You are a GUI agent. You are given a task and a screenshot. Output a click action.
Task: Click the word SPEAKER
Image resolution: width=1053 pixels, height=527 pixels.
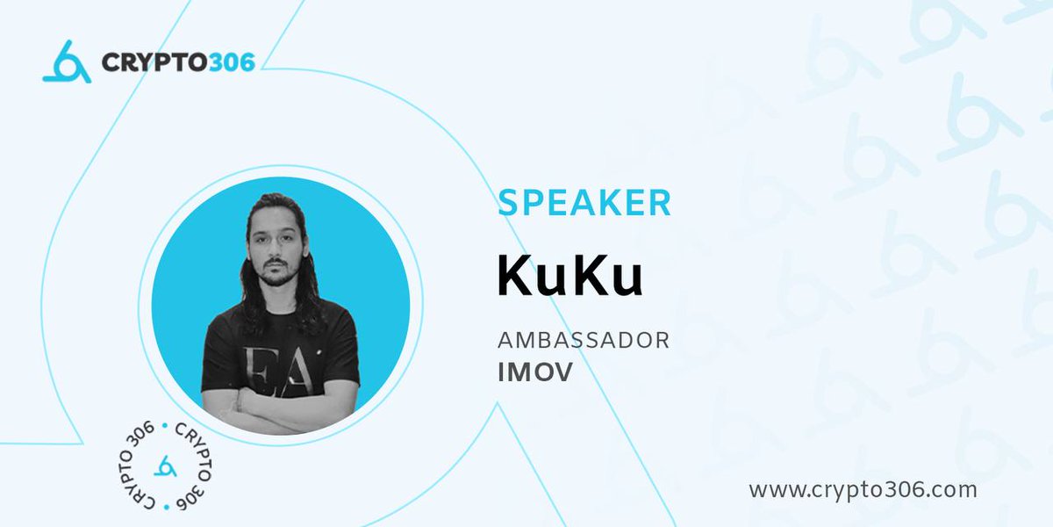click(584, 203)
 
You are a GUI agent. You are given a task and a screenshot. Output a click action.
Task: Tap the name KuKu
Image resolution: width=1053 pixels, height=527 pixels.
click(570, 274)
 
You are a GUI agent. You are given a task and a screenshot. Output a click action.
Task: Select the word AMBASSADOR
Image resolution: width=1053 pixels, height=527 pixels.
click(583, 340)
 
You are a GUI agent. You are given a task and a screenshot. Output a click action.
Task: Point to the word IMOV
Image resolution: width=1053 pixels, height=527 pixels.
click(534, 372)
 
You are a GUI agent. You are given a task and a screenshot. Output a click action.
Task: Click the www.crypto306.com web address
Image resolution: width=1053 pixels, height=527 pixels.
click(863, 489)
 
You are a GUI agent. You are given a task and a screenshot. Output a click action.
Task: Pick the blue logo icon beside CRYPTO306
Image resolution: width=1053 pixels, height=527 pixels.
click(67, 62)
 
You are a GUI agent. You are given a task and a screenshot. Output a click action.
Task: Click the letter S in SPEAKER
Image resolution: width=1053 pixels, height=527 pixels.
click(508, 203)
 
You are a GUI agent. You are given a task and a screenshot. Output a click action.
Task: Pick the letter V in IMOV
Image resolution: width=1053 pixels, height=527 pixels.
click(562, 372)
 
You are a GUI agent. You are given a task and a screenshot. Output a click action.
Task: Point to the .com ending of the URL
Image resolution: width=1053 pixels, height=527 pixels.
click(952, 489)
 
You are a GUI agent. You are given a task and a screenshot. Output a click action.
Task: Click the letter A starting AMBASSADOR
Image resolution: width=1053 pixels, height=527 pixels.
click(505, 340)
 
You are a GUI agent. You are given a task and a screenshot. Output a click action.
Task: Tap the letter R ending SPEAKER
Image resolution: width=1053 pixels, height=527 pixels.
click(659, 203)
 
